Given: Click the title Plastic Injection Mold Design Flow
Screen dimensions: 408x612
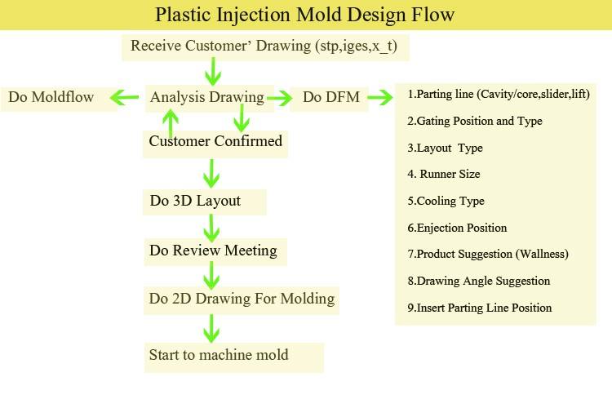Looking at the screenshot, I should pos(305,16).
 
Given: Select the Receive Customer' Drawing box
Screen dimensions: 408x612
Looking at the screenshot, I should pos(264,47).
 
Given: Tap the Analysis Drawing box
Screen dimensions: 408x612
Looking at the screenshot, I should pos(206,97).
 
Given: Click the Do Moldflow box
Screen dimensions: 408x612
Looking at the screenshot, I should pos(51,98).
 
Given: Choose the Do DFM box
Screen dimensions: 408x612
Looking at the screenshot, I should pos(325,98).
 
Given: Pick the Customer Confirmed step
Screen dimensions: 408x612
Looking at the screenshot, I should pos(215,141).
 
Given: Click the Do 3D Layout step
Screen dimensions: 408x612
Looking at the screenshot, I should pos(195,201).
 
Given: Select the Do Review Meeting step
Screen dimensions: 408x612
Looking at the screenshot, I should pos(213,251).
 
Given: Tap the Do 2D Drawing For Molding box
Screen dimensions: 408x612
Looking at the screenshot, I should pos(242,299).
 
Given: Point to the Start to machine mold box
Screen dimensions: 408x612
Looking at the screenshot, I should pos(219,356).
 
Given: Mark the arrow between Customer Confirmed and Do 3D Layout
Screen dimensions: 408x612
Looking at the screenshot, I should pos(211,172).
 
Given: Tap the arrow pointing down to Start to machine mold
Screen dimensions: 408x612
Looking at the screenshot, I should pos(211,328).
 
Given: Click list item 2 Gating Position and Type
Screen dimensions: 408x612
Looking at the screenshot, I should pos(474,121).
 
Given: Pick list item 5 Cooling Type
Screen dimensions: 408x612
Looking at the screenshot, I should pos(446,201).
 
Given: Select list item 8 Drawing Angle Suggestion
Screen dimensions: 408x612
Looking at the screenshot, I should pos(478,281).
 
